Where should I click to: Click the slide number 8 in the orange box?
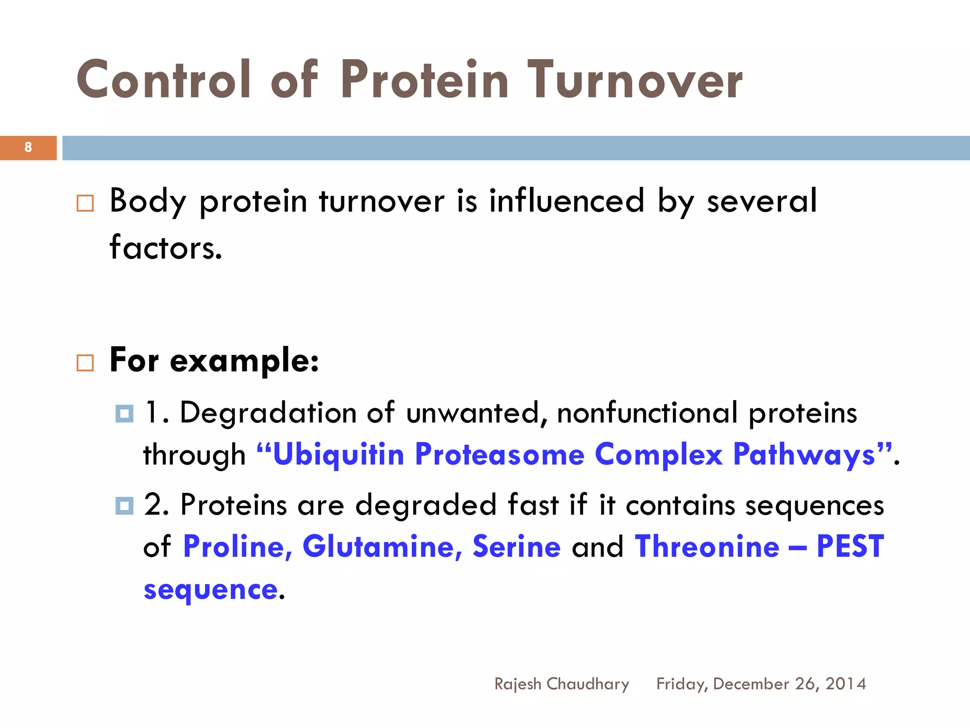[x=28, y=147]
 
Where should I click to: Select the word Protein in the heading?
[x=424, y=81]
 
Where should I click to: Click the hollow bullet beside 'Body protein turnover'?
[x=85, y=203]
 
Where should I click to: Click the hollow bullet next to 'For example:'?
[x=85, y=363]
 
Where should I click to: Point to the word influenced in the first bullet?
[x=566, y=201]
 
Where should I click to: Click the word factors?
[x=165, y=248]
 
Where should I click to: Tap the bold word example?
[x=244, y=361]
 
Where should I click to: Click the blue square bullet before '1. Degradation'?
[x=124, y=414]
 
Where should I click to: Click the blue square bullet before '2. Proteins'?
[x=124, y=506]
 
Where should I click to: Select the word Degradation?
[x=268, y=413]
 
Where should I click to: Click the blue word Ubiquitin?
[x=338, y=455]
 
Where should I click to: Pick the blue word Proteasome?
[x=500, y=455]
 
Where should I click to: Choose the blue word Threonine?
[x=707, y=546]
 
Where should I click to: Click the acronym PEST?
[x=850, y=546]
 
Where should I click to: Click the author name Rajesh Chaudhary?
[x=562, y=684]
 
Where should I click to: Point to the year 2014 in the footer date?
[x=846, y=684]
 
